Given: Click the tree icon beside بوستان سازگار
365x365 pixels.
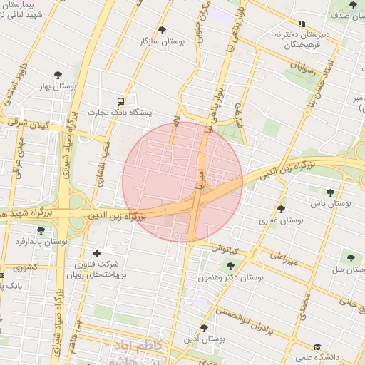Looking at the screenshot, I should click(x=162, y=30).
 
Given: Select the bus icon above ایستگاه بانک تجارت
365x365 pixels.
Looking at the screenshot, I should click(x=121, y=101).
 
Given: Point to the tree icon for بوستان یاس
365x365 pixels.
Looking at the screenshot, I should click(x=330, y=192).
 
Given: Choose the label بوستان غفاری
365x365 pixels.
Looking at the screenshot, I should click(x=281, y=221).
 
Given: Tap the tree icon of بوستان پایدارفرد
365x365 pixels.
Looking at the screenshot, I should click(x=41, y=230).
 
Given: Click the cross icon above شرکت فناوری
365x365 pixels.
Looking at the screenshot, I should click(x=97, y=253).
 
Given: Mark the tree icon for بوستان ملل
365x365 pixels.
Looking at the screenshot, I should click(x=349, y=258).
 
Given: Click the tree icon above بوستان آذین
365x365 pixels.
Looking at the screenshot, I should click(x=205, y=328).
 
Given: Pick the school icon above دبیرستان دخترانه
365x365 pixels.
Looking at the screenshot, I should click(x=302, y=24).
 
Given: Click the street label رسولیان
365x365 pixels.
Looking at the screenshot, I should click(x=302, y=73).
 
